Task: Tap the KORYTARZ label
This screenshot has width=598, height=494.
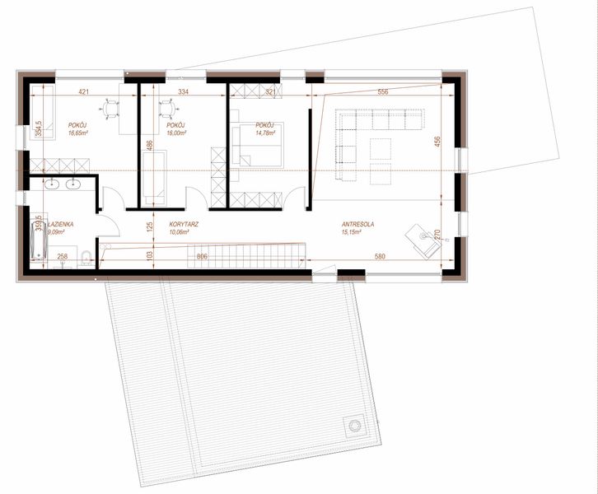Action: [183, 224]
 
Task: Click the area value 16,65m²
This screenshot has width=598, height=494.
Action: [79, 133]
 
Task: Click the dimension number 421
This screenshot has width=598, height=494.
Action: [83, 92]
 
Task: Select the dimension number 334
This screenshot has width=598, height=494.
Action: [183, 92]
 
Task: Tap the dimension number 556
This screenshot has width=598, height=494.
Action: [382, 92]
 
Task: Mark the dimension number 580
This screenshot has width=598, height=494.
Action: [380, 257]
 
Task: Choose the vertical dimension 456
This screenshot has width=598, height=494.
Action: [438, 142]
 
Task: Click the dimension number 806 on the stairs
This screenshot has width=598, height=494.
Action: [203, 257]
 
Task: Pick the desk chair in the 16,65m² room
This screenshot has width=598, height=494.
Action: [111, 106]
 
